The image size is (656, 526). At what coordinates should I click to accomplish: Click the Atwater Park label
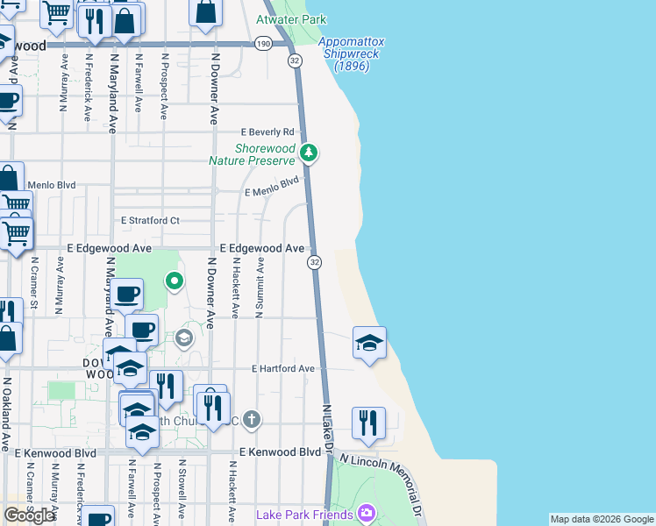click(x=290, y=18)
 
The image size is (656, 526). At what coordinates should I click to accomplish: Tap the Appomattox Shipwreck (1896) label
click(x=349, y=53)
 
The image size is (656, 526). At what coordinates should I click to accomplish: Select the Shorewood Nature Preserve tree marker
click(x=308, y=153)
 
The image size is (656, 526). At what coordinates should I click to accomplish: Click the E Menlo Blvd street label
click(x=272, y=186)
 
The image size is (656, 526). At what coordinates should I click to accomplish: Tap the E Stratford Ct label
click(x=150, y=220)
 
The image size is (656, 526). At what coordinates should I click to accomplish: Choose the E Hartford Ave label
click(x=282, y=369)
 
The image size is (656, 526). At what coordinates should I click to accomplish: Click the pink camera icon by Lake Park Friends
click(x=367, y=512)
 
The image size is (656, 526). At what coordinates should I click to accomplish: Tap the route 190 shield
click(x=263, y=43)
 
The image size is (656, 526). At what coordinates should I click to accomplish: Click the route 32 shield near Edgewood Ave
click(x=315, y=262)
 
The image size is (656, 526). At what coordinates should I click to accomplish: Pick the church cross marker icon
click(x=252, y=419)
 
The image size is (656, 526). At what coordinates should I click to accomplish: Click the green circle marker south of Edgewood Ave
click(x=175, y=281)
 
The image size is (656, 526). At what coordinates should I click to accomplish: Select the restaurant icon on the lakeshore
click(x=368, y=423)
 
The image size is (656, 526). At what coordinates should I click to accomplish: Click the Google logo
click(x=29, y=515)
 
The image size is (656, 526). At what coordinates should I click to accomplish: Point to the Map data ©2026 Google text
click(x=602, y=519)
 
